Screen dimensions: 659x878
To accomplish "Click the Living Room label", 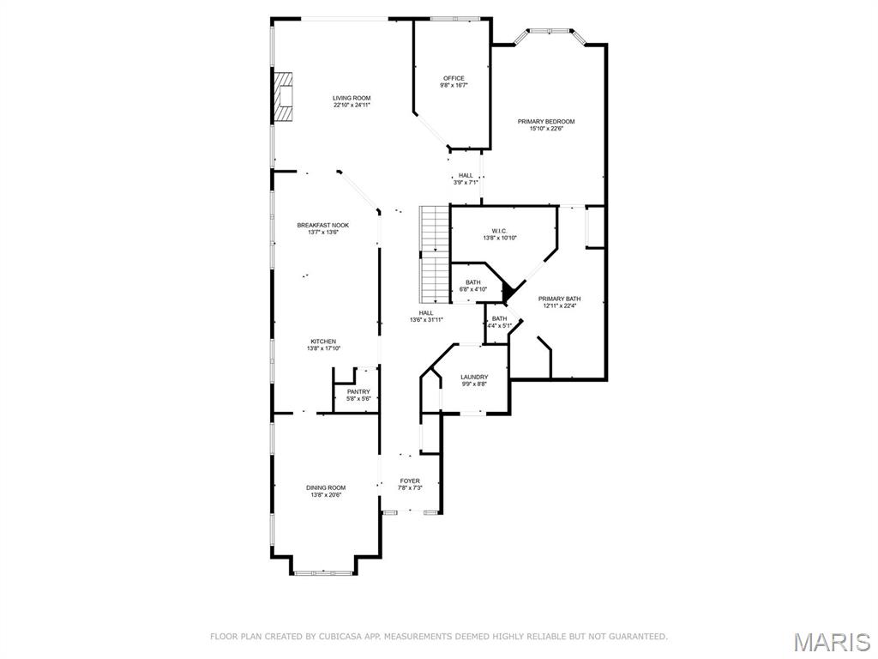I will coord(352,99).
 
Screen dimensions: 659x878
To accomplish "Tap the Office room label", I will coord(454,79).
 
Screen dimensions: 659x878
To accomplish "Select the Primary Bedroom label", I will coord(546,122).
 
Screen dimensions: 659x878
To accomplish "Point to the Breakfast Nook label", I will coord(323,225).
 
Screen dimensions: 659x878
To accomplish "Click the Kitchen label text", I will coord(323,342).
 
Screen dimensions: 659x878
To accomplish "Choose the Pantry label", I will coord(358,392).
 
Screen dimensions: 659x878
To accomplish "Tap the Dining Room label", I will coord(326,488).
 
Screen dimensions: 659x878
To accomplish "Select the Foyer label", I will coord(410,481).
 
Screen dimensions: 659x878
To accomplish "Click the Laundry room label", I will coord(474,378).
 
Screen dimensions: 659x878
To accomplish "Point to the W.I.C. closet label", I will coord(500,231).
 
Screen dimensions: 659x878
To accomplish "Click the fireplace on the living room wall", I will coord(283,98).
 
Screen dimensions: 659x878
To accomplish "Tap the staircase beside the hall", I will coord(435,254).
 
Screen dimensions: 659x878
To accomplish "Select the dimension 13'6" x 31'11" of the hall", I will coord(426,320).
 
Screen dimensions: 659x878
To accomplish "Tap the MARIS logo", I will coord(832,639).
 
